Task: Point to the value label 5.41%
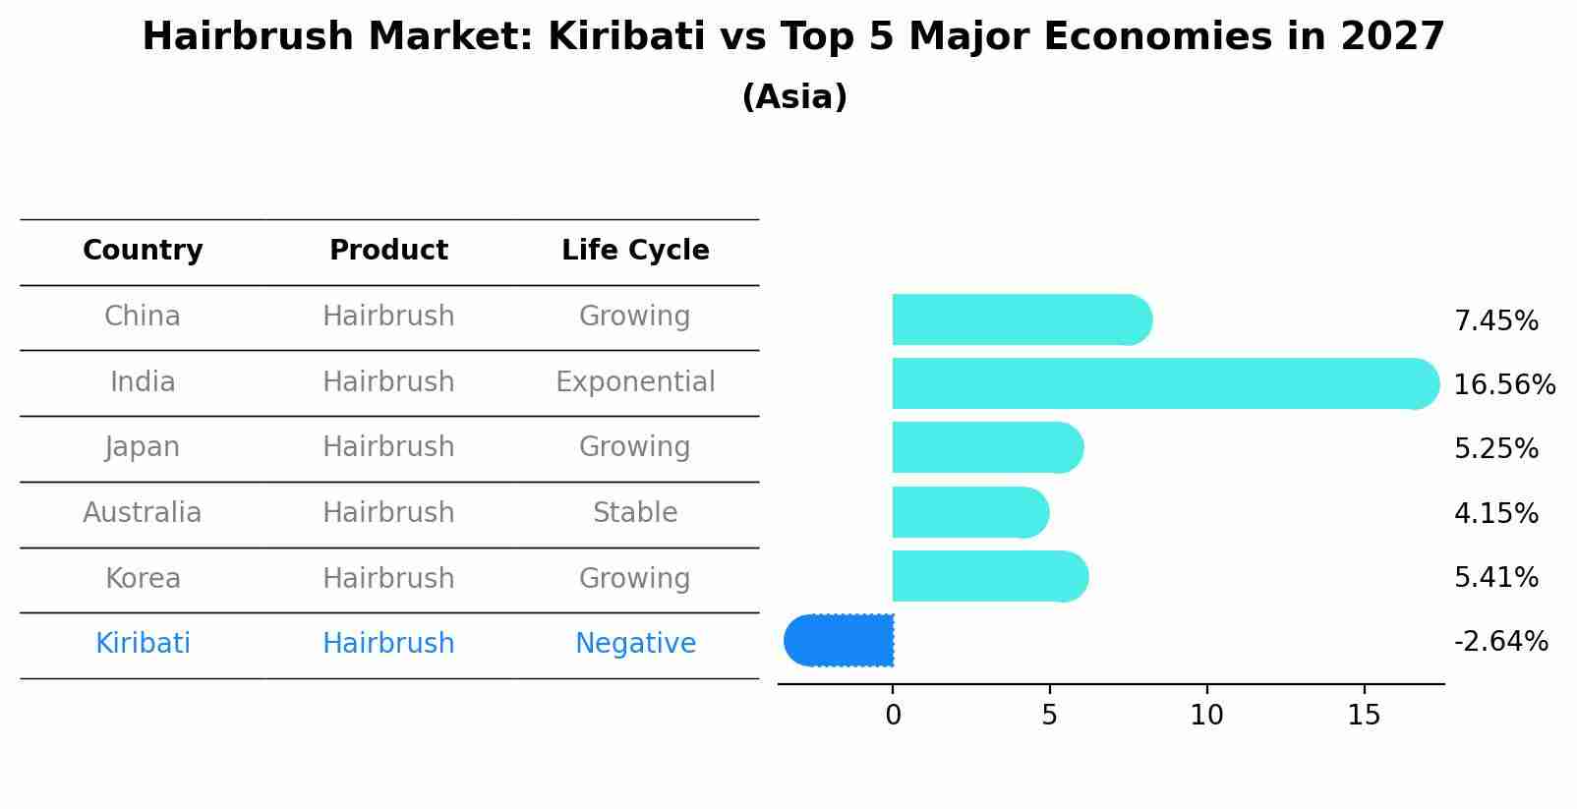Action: click(1495, 578)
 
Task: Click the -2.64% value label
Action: click(1500, 642)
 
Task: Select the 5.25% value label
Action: click(1495, 449)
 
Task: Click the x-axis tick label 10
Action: click(1206, 716)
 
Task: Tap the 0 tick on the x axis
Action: click(893, 716)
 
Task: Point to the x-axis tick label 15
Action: click(1364, 716)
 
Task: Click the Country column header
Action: click(143, 251)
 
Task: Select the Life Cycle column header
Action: click(635, 251)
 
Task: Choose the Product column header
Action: click(388, 251)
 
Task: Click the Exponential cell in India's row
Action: click(635, 382)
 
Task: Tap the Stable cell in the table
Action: click(635, 513)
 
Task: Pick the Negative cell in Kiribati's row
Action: click(635, 644)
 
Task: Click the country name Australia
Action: click(143, 513)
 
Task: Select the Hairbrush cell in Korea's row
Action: click(388, 578)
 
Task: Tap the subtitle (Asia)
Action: click(794, 97)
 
